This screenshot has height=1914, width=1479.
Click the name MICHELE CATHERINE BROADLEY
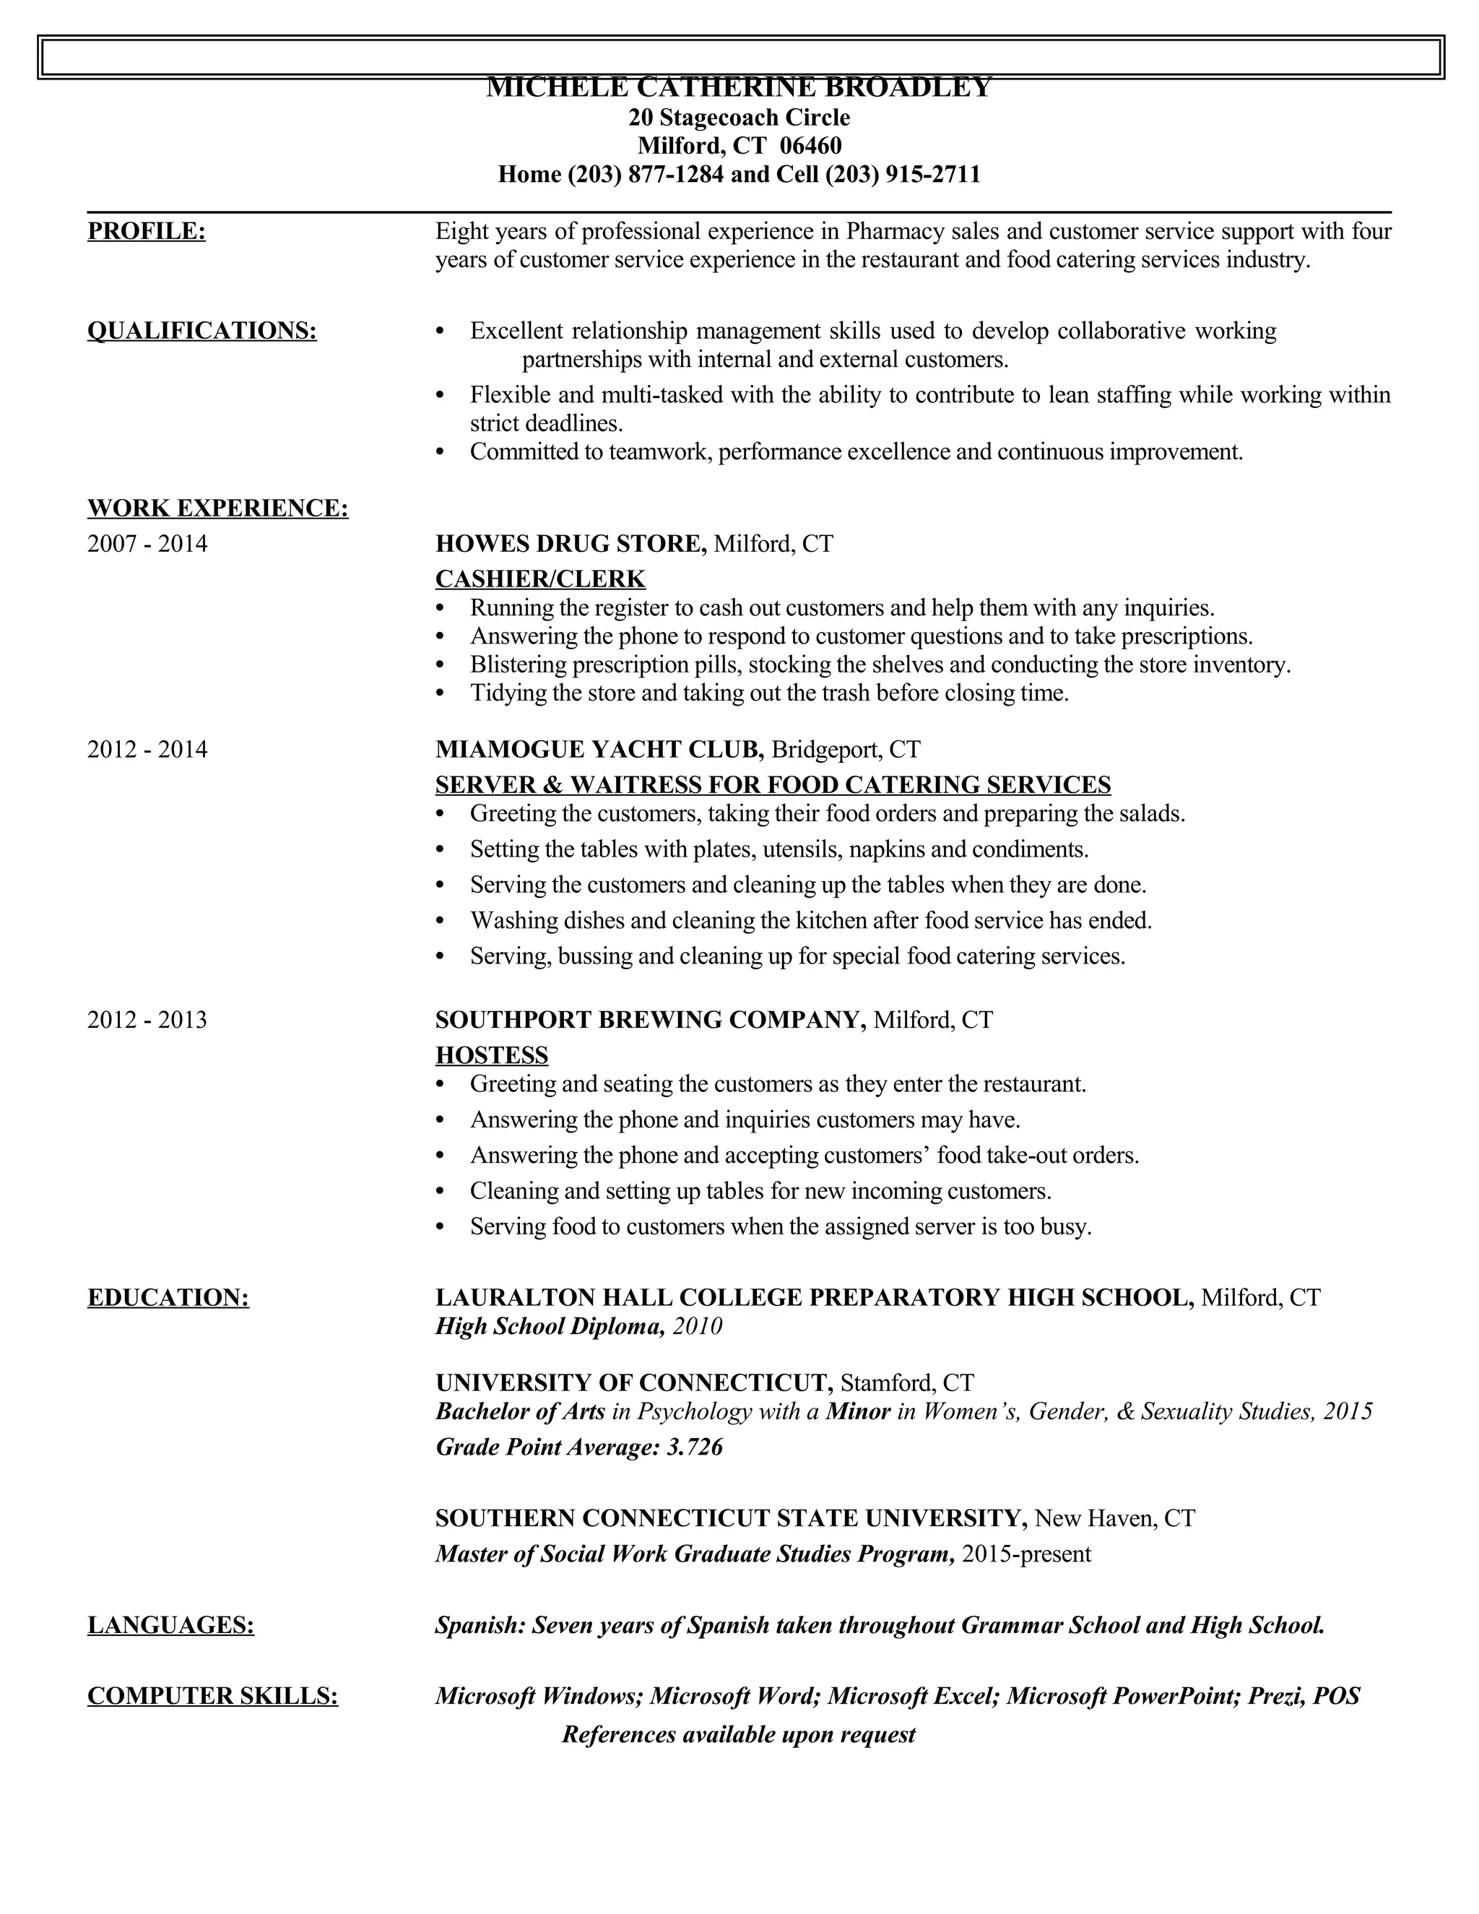[x=739, y=87]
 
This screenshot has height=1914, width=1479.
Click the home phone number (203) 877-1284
[x=646, y=174]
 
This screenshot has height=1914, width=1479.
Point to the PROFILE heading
[x=147, y=231]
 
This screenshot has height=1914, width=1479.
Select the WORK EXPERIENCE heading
[x=217, y=508]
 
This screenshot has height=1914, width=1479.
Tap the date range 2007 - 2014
[x=147, y=545]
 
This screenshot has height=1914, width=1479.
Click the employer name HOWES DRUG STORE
[x=571, y=545]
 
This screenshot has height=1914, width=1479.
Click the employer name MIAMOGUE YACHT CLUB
[x=599, y=749]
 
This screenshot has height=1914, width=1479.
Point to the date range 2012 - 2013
[x=147, y=1020]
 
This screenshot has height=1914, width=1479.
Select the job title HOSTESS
[x=492, y=1055]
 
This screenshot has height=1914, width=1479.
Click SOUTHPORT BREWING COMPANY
[x=650, y=1020]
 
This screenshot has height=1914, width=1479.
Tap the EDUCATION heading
[x=168, y=1298]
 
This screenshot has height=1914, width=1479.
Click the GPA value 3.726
[x=694, y=1447]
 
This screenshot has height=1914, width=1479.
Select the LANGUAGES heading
[x=171, y=1626]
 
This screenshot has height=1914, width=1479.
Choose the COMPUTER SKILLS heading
[x=212, y=1697]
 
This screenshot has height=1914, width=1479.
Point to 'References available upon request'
[x=739, y=1735]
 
